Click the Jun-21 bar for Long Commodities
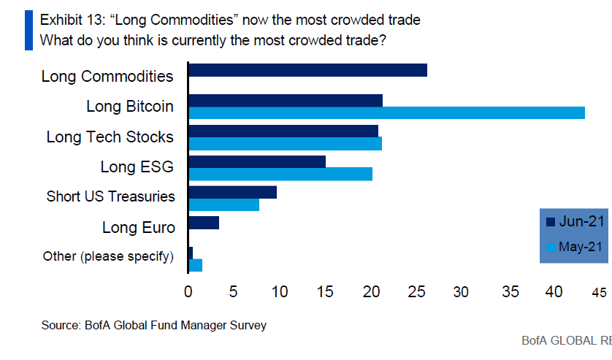307,70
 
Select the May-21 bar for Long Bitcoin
386,112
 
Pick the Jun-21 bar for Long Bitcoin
286,101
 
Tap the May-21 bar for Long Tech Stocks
285,143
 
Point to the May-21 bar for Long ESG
280,174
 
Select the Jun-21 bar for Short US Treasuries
232,192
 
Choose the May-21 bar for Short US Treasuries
223,204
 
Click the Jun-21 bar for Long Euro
204,223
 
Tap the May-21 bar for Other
195,265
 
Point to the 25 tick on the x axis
416,291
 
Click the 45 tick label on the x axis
599,292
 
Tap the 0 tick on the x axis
188,291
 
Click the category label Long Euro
139,228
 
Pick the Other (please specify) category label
108,256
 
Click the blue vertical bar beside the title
28,30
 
